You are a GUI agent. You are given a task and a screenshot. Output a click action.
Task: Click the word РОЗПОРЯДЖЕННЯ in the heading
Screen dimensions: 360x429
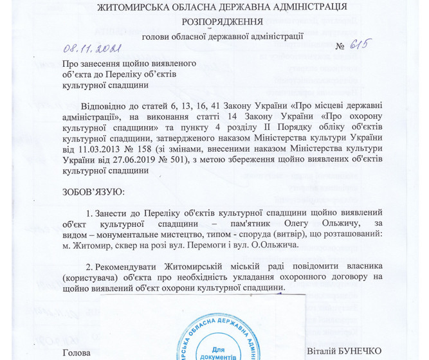(x=214, y=21)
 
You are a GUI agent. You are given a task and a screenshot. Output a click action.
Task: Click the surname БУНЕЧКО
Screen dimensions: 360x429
(x=360, y=352)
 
